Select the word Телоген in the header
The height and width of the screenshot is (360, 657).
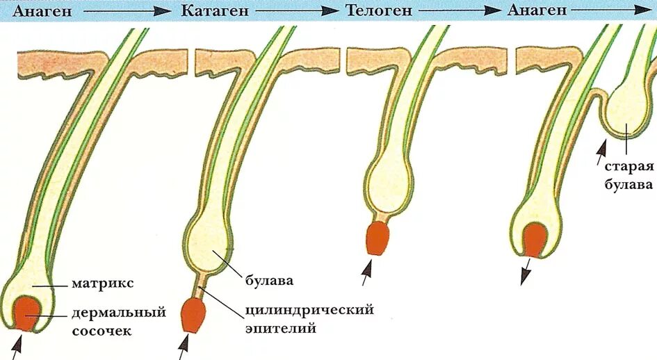379,10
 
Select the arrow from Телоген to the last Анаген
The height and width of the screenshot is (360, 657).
460,11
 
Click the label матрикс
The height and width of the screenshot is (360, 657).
103,284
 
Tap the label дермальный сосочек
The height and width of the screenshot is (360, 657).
119,321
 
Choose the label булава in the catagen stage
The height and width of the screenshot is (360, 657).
268,281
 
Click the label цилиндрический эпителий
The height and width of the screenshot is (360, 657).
309,318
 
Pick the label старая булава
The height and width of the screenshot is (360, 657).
628,175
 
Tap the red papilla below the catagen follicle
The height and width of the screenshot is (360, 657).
192,315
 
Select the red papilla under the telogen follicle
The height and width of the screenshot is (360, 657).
378,238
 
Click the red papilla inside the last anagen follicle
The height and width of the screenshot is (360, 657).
535,239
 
